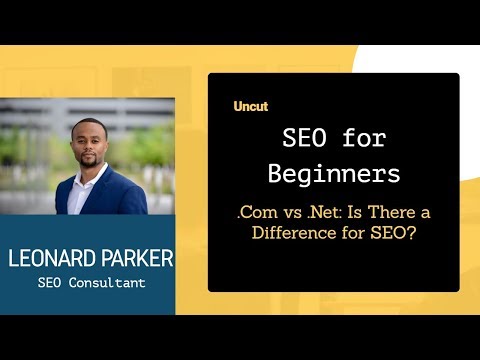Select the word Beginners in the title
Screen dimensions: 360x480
click(334, 173)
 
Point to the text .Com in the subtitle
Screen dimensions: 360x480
click(257, 214)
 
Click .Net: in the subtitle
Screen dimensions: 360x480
click(323, 214)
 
